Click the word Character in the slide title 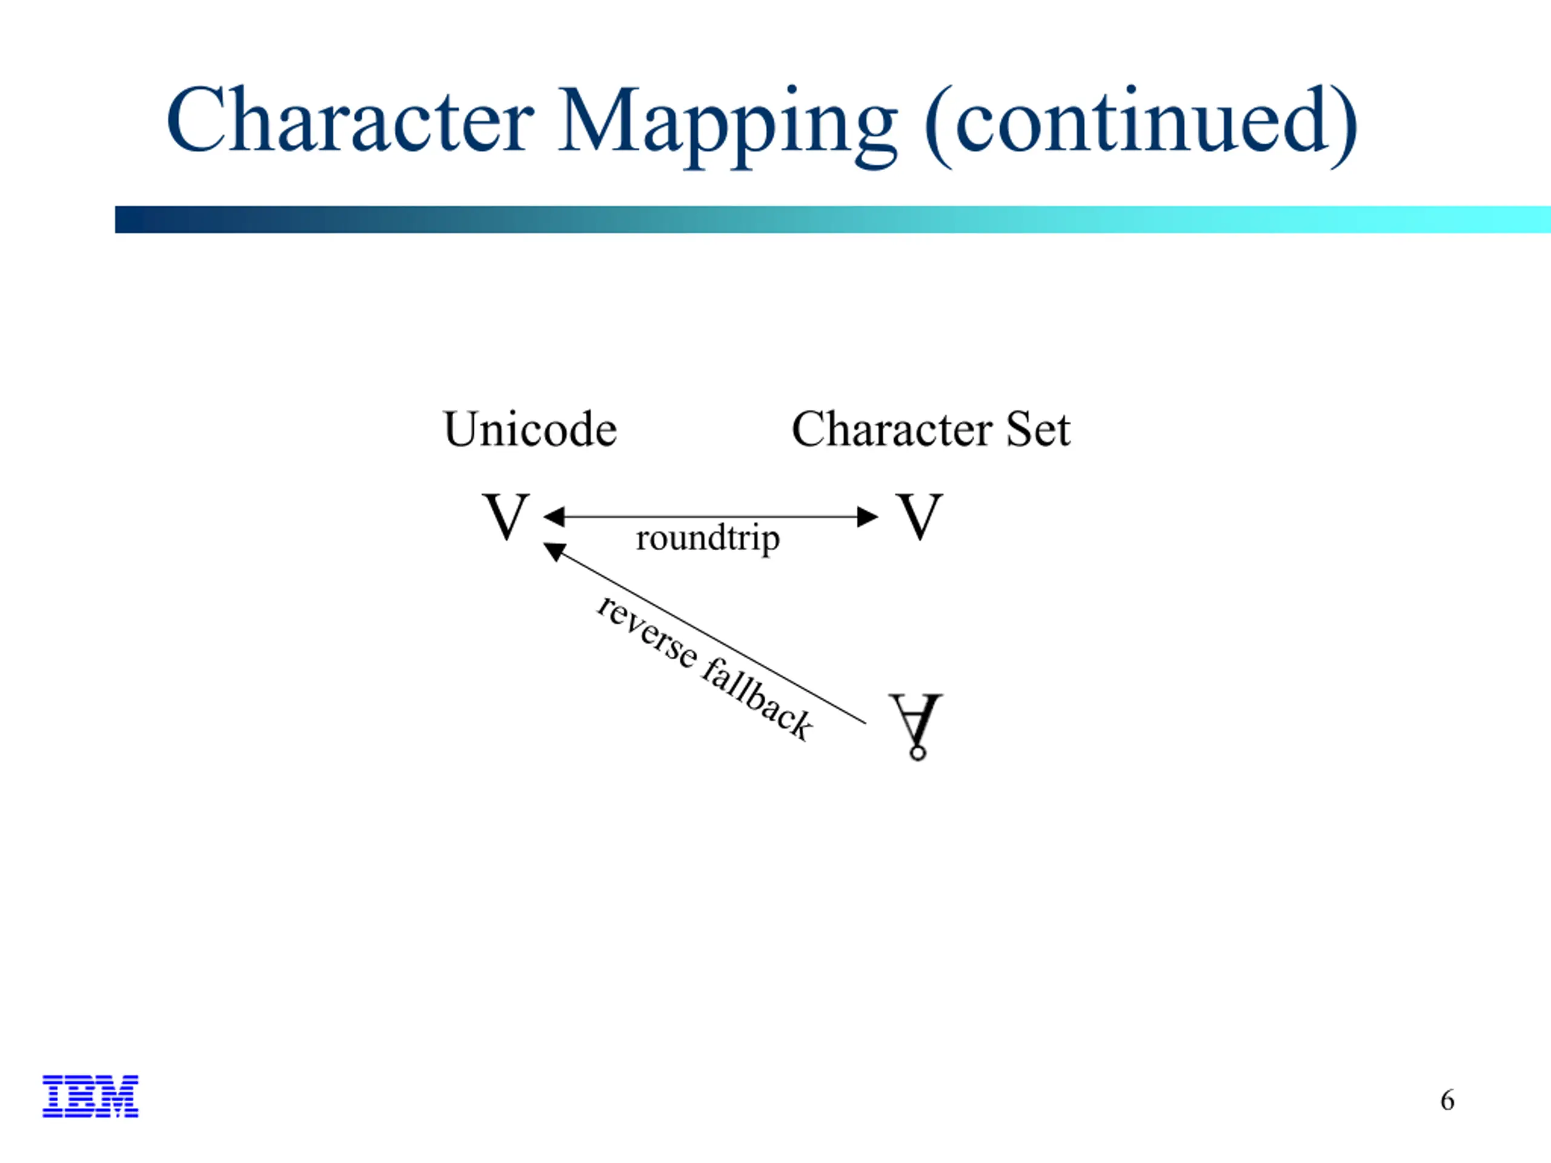click(351, 119)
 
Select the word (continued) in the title click(1141, 125)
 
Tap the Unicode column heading click(530, 429)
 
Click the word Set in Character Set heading click(1038, 429)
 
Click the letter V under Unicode click(505, 516)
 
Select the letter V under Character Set click(919, 516)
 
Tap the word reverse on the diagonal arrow click(646, 632)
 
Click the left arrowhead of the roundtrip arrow click(554, 517)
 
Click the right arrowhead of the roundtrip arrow click(868, 517)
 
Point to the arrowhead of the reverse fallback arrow click(554, 552)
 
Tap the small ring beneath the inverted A click(917, 753)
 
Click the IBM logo click(90, 1096)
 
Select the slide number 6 click(1447, 1101)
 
